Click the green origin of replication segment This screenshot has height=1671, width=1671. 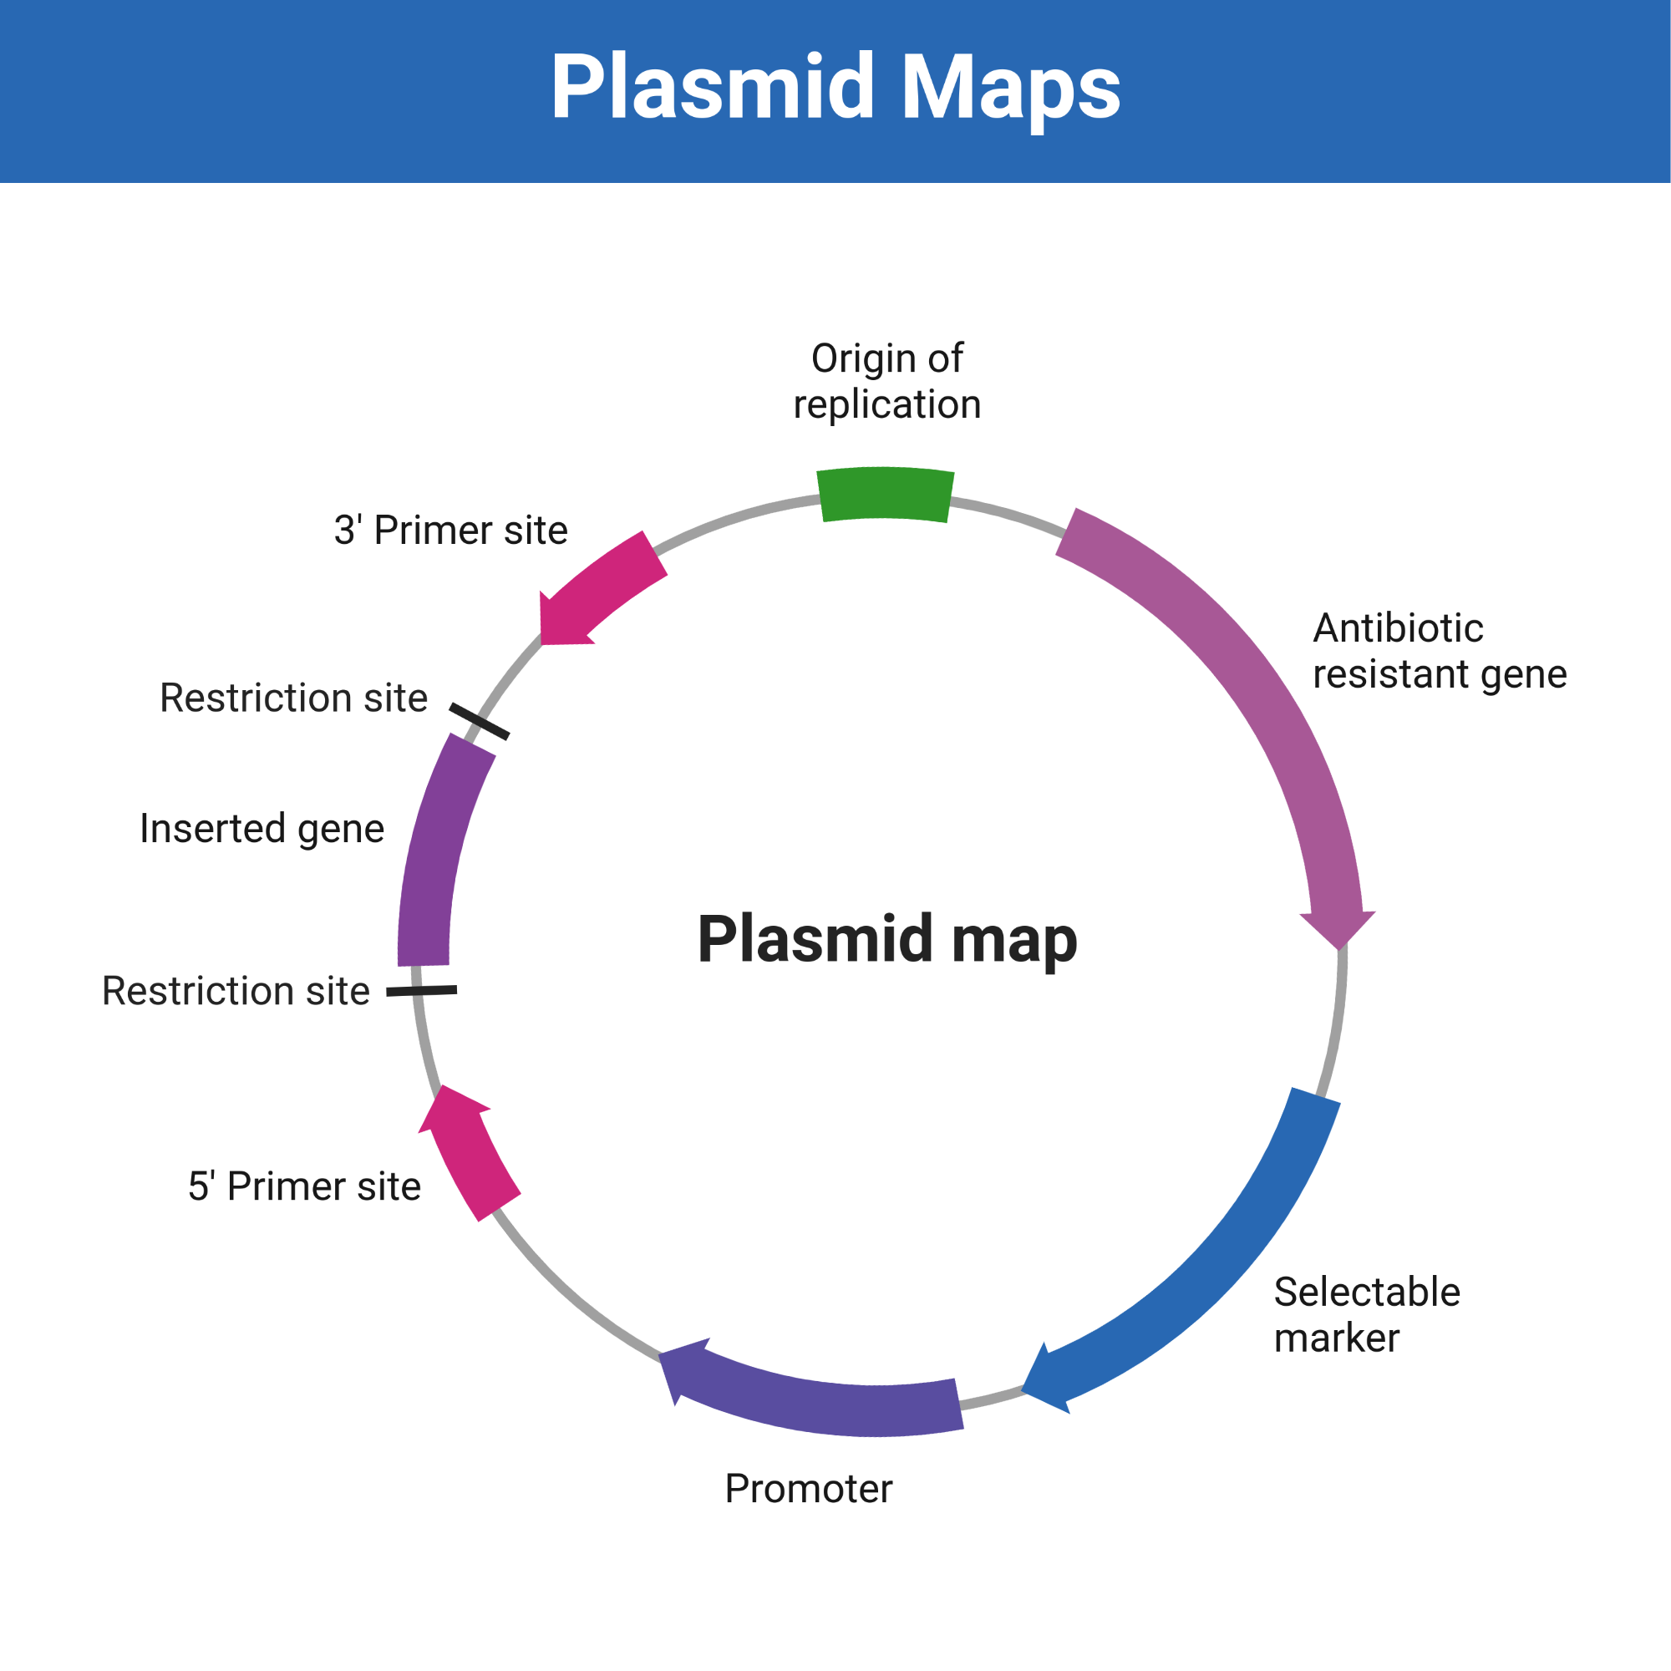[885, 495]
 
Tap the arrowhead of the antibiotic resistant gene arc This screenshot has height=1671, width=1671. [1338, 928]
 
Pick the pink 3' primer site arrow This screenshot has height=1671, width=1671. [597, 590]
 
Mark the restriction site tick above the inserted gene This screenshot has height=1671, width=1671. [479, 721]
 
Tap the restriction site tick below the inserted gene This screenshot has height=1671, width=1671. [421, 990]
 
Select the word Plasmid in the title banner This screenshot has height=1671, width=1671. [713, 87]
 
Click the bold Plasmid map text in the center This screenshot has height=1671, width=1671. [887, 939]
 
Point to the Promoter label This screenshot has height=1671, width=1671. [808, 1489]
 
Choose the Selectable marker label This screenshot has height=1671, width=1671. [1367, 1314]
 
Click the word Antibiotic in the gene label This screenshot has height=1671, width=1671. [1398, 628]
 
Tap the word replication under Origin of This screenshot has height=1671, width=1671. [886, 404]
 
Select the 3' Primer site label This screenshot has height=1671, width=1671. [450, 531]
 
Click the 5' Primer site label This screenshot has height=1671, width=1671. [304, 1186]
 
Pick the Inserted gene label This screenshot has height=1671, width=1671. [262, 829]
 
